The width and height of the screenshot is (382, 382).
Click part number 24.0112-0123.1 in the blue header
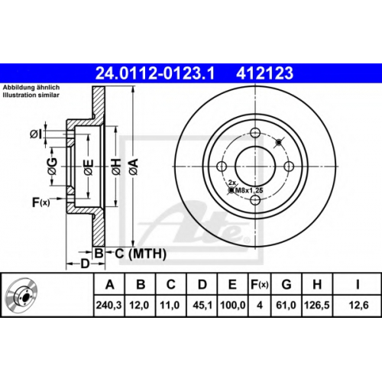tap(155, 73)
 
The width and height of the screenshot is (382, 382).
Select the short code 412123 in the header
tap(264, 73)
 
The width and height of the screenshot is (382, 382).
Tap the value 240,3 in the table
tap(109, 305)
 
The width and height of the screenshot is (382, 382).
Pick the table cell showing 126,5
tap(317, 305)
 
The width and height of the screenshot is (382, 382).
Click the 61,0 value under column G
tap(286, 305)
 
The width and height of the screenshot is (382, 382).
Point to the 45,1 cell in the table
tap(202, 305)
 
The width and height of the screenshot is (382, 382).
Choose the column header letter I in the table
tap(358, 284)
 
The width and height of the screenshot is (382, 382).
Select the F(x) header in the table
tap(259, 284)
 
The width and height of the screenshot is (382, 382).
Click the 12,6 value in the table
tap(358, 305)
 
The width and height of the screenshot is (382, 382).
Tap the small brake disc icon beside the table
tap(21, 294)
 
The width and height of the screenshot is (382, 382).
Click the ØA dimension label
tap(134, 167)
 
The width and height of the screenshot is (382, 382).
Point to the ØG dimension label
tap(52, 167)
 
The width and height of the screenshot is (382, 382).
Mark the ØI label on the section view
tap(35, 134)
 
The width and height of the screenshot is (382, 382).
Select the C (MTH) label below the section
tap(141, 254)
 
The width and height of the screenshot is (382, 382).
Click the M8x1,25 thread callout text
tap(249, 190)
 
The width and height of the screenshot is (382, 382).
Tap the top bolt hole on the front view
tap(255, 133)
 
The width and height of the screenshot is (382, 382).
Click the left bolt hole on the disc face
tap(222, 167)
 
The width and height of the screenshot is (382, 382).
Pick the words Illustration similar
tap(31, 95)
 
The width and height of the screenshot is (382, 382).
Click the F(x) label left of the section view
tap(40, 202)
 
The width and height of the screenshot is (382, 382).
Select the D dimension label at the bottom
tap(85, 264)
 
